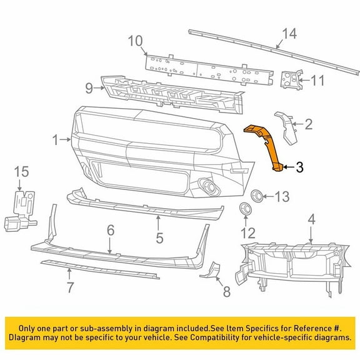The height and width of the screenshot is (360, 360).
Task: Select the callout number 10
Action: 136,42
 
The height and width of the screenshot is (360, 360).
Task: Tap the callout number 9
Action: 89,88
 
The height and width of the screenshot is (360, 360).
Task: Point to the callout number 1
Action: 57,139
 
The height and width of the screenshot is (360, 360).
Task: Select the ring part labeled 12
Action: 244,209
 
